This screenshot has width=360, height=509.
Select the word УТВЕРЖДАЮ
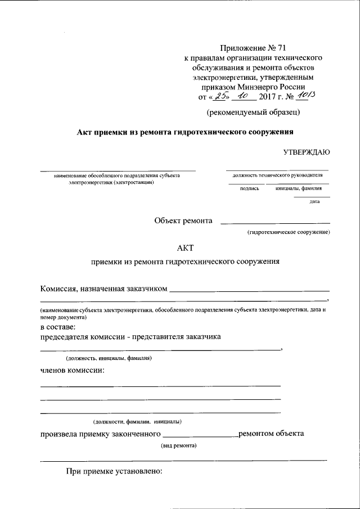point(306,152)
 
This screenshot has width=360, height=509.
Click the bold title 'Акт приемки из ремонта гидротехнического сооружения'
point(186,132)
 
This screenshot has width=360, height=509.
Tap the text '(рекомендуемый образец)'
point(253,112)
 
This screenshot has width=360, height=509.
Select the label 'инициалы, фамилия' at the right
point(298,188)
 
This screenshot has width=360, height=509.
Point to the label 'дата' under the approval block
point(314,201)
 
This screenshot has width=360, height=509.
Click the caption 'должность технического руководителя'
point(277,175)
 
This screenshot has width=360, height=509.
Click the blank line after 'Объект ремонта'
point(275,223)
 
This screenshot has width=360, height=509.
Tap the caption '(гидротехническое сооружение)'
point(288,232)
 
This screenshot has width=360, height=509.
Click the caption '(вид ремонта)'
point(178,444)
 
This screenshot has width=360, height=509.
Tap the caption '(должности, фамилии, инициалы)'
point(137,421)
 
